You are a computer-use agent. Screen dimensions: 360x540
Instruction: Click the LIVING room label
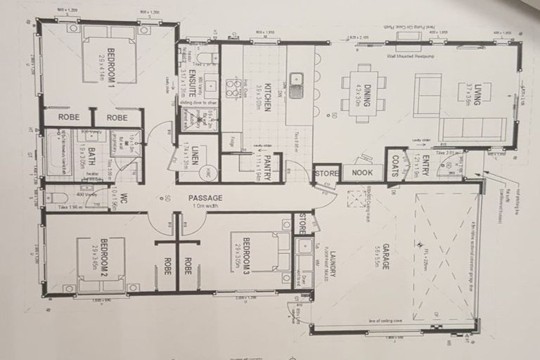(477, 93)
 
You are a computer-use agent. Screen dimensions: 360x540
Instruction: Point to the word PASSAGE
(205, 198)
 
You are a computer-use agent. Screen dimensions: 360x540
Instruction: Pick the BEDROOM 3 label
(245, 255)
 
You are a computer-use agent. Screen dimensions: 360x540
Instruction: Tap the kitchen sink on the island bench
(296, 85)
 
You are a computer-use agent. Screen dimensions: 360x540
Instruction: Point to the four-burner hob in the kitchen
(231, 87)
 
